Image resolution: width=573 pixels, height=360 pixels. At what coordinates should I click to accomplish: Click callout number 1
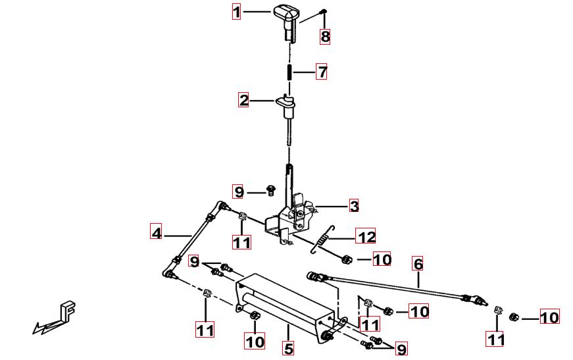237,11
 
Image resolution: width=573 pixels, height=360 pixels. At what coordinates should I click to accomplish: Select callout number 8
325,37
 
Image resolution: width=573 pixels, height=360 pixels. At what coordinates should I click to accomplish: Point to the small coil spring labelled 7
289,72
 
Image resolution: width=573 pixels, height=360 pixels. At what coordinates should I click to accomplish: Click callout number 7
322,72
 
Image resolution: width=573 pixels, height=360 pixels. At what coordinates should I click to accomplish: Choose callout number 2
243,100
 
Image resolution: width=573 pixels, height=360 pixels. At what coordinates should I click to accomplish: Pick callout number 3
354,206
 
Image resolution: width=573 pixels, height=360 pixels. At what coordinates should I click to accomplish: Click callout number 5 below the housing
288,348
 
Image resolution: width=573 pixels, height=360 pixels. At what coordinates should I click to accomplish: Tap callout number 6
418,265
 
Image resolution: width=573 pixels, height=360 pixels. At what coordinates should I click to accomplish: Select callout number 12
365,236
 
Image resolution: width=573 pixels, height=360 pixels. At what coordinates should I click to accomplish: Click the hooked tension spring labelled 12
322,239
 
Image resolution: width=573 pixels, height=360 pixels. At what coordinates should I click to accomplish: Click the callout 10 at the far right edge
549,317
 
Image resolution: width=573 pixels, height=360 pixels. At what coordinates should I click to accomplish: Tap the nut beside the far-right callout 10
514,317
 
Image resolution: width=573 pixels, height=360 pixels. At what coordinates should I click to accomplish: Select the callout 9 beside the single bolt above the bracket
238,192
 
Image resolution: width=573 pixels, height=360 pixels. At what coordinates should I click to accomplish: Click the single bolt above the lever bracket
270,190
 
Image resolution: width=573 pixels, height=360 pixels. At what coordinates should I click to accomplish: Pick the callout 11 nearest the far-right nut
495,339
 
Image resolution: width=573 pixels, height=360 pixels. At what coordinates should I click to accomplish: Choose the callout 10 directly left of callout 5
255,342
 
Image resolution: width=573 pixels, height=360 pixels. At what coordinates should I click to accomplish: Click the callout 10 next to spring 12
382,259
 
